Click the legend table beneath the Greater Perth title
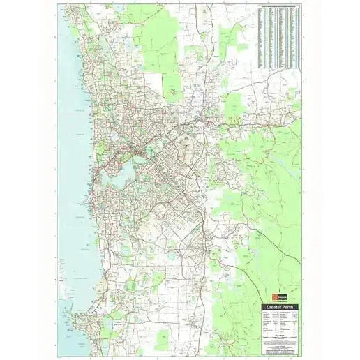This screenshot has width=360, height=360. click(280, 323)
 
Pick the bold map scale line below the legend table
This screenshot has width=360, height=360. click(280, 336)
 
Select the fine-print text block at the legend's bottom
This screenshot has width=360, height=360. click(280, 344)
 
